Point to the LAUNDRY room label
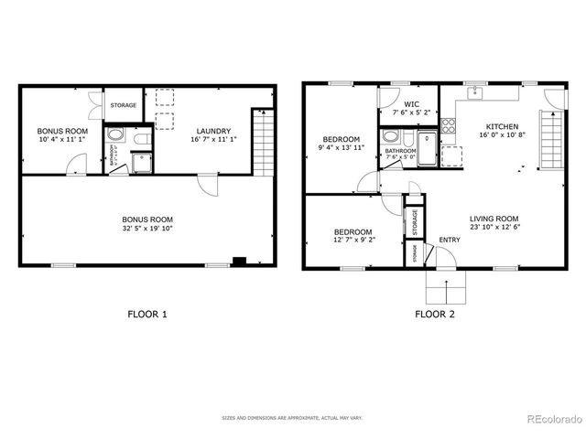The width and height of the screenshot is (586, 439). point(211,131)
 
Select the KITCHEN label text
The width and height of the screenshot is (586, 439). point(502,126)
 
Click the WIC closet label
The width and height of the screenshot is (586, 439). point(410,103)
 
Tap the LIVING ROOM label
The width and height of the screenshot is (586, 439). point(494,219)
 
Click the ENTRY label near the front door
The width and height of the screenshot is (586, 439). point(449,241)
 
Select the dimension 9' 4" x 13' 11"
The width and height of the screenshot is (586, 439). point(341,147)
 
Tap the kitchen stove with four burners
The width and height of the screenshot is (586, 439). point(449,126)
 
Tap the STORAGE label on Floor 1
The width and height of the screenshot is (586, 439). point(124,106)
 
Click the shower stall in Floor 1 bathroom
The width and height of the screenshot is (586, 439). point(142,163)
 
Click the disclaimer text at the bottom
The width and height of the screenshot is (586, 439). point(292,418)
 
